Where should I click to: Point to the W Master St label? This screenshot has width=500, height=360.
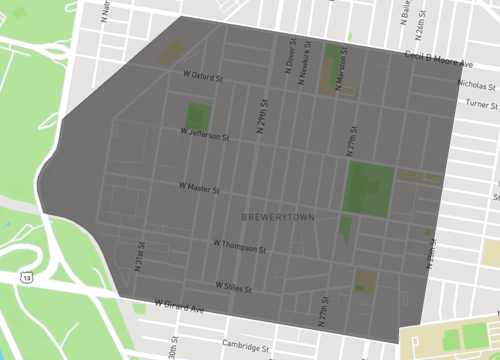(198, 187)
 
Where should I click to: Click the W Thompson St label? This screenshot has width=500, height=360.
(238, 243)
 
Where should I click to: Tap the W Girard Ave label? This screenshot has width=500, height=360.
(179, 304)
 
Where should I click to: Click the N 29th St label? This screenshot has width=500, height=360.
(263, 116)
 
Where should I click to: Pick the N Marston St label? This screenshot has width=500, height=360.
(340, 70)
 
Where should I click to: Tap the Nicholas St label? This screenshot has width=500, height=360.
(477, 85)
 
